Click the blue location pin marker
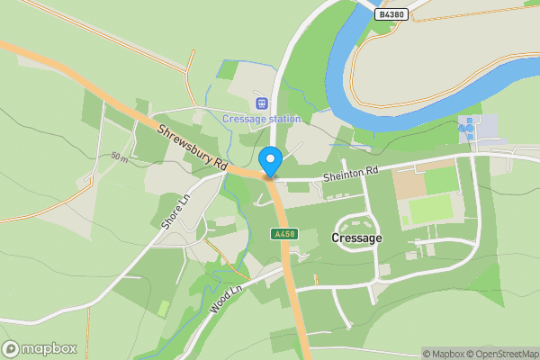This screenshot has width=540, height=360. pyautogui.click(x=270, y=161)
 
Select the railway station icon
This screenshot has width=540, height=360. pyautogui.click(x=261, y=103)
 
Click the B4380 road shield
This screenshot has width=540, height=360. pyautogui.click(x=391, y=14)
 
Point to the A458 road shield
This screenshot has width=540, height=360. pyautogui.click(x=283, y=234)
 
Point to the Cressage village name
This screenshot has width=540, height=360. pyautogui.click(x=356, y=238)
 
